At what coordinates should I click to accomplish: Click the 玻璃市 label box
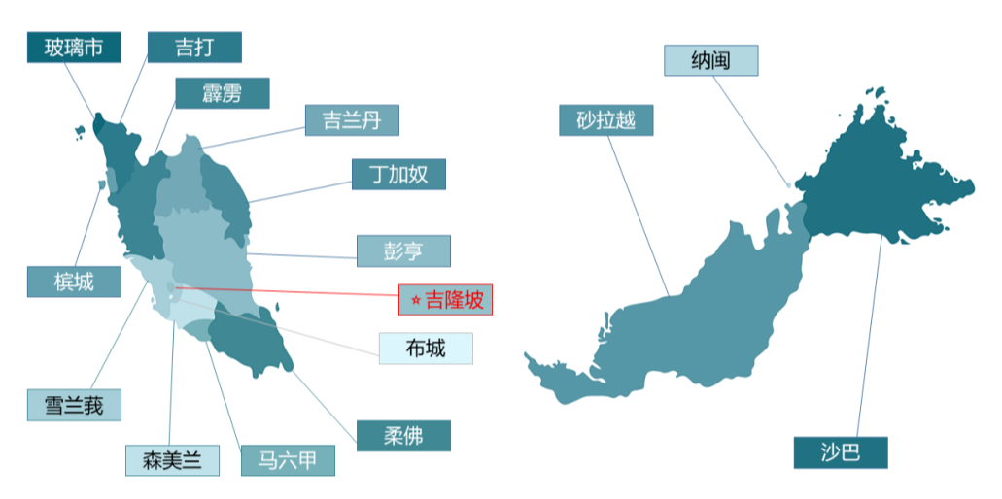click(74, 47)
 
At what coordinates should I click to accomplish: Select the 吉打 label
click(194, 47)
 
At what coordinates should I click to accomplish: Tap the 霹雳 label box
click(222, 93)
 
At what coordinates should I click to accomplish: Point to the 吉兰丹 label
click(352, 120)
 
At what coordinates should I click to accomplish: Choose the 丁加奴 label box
click(398, 174)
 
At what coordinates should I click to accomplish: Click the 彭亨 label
click(403, 250)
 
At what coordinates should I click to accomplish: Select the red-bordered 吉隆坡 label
click(446, 300)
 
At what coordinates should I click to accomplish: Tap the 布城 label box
click(426, 348)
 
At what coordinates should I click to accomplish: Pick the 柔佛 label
click(403, 435)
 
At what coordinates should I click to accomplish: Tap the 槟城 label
click(74, 282)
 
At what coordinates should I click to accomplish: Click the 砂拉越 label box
click(605, 120)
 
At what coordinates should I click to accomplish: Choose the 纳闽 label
click(710, 60)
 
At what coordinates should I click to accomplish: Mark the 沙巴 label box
click(840, 452)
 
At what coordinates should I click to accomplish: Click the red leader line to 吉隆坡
click(292, 290)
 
